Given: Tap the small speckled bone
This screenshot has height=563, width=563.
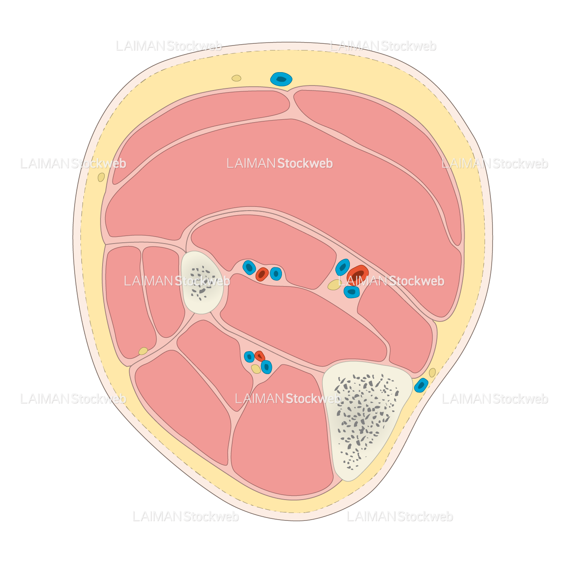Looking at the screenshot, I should coord(201,281).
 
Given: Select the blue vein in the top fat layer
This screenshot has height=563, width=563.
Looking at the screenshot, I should coord(281,79).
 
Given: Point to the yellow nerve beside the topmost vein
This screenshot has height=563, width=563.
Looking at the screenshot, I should coord(236,78).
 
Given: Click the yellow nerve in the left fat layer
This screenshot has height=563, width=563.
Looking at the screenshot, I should coord(101,177).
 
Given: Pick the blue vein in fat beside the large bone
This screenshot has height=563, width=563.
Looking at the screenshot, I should coord(421,385).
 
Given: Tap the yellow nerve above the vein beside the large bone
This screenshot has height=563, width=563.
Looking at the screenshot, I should coord(432,372).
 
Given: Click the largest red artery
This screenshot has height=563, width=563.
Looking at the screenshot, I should coord(358,274).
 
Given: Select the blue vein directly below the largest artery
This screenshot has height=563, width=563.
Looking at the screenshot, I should coord(352,292).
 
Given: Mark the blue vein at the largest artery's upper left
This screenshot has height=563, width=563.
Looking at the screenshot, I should coord(342,267).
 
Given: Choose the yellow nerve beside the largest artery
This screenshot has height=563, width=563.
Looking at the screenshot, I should coord(334,285).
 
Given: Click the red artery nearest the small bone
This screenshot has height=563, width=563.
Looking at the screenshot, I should coord(262,274).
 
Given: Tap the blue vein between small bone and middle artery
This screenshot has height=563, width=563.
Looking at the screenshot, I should coord(249,267).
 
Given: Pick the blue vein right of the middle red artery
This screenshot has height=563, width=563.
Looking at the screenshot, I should coord(276,274).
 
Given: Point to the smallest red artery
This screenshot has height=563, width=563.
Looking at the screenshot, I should coord(259,356).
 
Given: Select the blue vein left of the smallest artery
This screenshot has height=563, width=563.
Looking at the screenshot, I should coord(249,357).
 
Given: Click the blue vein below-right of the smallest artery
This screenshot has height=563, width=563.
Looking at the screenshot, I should coord(266,367).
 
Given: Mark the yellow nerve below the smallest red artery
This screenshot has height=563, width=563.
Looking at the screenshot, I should coord(256,369).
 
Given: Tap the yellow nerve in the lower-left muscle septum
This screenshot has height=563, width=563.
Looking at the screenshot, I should coord(143,351).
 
